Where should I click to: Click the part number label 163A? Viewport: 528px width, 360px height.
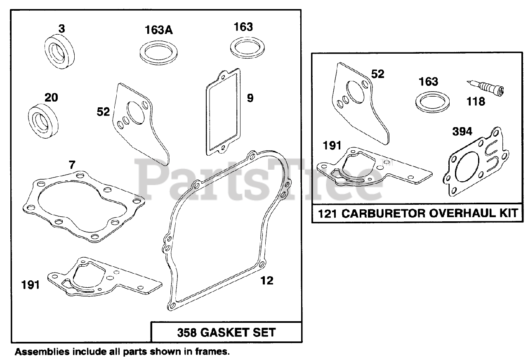[x=159, y=31]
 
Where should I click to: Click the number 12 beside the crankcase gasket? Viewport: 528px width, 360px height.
[x=267, y=281]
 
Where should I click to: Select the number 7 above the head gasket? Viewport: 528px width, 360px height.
[x=72, y=166]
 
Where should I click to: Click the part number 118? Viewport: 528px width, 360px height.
[x=476, y=102]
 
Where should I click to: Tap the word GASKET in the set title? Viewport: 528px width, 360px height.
[x=229, y=332]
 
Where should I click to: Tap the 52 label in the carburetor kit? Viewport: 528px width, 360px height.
[x=378, y=74]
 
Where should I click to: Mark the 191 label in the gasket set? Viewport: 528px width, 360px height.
[x=31, y=284]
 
